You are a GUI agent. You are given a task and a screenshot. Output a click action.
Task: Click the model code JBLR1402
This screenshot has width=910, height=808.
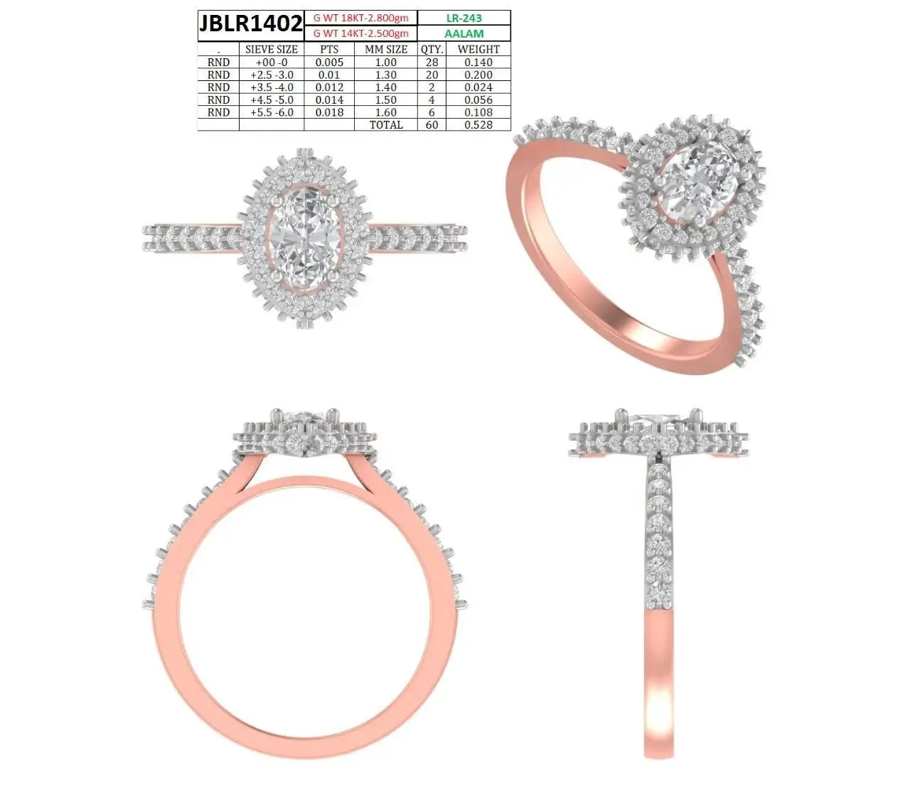[251, 23]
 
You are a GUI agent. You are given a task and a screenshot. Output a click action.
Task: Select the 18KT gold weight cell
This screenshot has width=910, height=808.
[360, 18]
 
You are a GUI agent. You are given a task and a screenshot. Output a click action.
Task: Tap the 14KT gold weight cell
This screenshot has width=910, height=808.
[360, 33]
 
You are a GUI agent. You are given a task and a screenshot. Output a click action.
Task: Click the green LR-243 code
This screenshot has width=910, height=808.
[464, 18]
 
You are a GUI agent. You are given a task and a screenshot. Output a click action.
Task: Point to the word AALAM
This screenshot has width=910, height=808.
[464, 33]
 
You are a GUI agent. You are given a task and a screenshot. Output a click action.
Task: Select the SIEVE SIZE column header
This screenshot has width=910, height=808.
[272, 49]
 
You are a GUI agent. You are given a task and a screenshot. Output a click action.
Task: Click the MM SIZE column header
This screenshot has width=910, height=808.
[386, 49]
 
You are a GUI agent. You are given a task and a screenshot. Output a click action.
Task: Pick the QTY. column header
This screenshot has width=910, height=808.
[432, 49]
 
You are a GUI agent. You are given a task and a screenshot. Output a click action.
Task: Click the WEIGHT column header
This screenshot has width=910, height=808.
[478, 49]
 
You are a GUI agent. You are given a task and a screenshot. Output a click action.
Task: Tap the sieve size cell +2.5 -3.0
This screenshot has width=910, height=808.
[272, 75]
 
